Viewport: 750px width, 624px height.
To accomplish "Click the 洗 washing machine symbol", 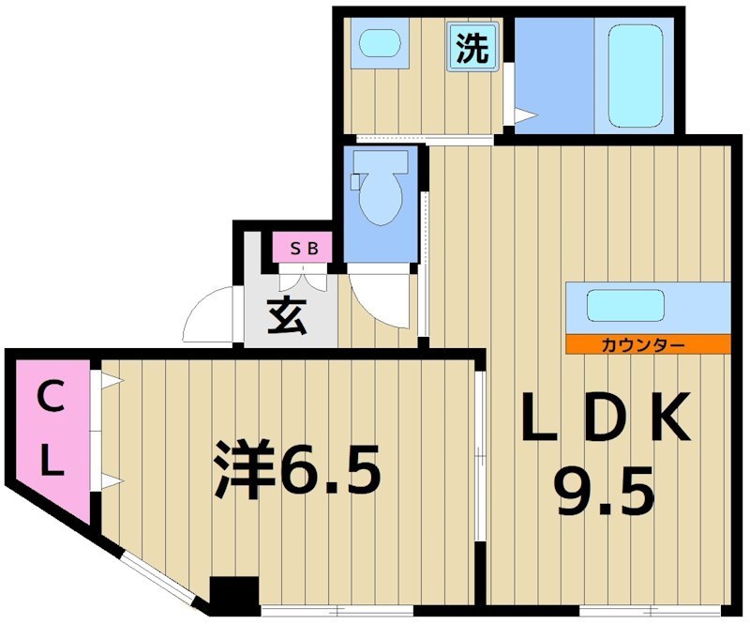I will pos(472,48).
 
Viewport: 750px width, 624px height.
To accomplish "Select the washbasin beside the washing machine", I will pos(381,44).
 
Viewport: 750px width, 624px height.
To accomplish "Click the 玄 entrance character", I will pos(289,316).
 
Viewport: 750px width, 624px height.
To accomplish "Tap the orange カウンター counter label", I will pos(647,344).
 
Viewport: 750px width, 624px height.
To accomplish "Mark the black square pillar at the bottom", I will pos(233,595).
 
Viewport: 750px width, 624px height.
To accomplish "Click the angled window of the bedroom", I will pos(155,573).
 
